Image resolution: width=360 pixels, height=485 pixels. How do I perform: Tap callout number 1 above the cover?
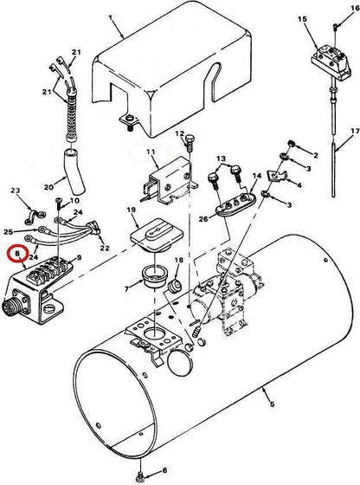110,16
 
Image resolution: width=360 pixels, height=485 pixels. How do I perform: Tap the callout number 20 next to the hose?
48,184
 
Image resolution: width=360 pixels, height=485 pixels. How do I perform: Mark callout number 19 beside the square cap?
132,211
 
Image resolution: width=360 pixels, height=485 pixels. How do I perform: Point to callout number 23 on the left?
14,191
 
